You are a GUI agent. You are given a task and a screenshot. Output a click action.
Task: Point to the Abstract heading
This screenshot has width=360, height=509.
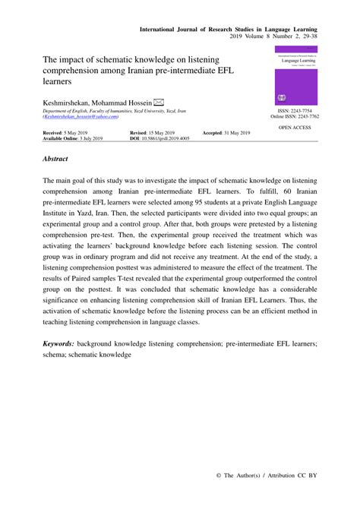pos(56,159)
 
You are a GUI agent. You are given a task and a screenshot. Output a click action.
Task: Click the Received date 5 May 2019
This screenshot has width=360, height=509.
pos(69,132)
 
